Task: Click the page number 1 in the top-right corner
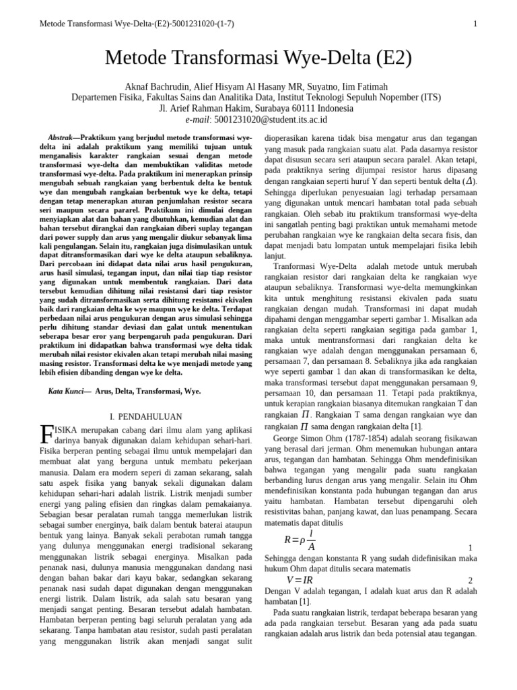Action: (475, 25)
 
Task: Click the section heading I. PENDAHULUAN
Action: (145, 417)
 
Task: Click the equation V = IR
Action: (300, 580)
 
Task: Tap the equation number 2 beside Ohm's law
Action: (470, 581)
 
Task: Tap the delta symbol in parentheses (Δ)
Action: (469, 181)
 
